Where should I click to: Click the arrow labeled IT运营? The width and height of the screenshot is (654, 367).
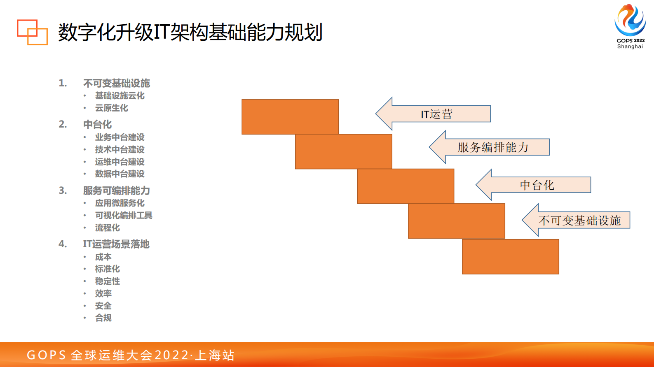pyautogui.click(x=436, y=114)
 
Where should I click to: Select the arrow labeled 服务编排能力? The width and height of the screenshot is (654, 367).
pyautogui.click(x=493, y=147)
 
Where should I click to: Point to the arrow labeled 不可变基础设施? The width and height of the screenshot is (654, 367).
pyautogui.click(x=579, y=221)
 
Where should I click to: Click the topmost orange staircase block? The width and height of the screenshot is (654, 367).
pyautogui.click(x=290, y=117)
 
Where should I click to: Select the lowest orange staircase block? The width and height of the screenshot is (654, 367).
pyautogui.click(x=510, y=257)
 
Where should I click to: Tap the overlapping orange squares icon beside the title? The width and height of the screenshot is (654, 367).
pyautogui.click(x=32, y=32)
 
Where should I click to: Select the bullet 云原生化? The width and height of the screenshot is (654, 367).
pyautogui.click(x=111, y=108)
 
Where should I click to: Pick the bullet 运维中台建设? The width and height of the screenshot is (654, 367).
pyautogui.click(x=120, y=162)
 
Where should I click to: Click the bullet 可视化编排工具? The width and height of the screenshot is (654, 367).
pyautogui.click(x=124, y=215)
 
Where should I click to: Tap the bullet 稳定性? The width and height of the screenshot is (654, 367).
pyautogui.click(x=107, y=281)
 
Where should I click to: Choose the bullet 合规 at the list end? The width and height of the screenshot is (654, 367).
pyautogui.click(x=103, y=318)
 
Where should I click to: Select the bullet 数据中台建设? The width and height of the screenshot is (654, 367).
pyautogui.click(x=120, y=174)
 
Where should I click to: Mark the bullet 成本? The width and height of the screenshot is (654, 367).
pyautogui.click(x=103, y=257)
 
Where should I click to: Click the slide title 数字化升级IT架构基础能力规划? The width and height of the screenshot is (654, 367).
pyautogui.click(x=190, y=32)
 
